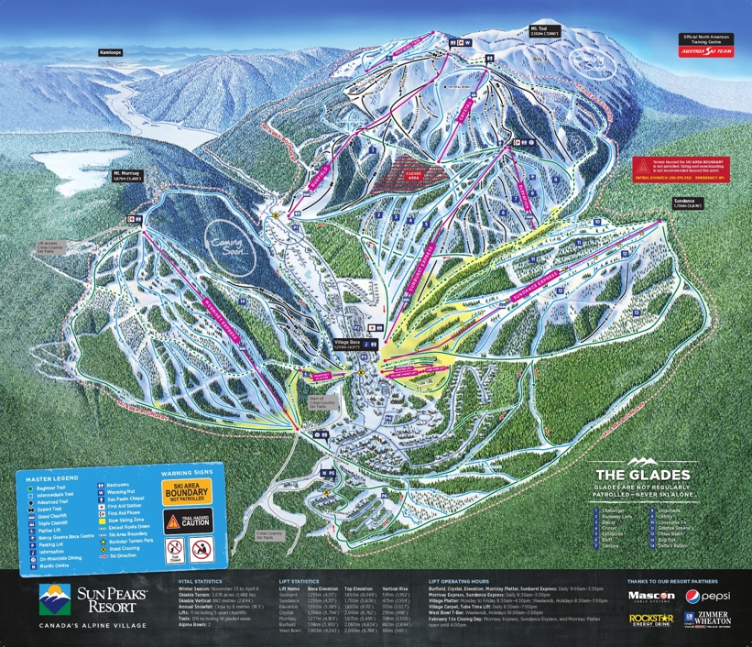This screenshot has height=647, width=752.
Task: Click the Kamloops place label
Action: tap(109, 53)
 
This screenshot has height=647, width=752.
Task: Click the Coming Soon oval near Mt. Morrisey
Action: tap(231, 245)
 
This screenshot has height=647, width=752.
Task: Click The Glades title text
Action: tap(641, 474)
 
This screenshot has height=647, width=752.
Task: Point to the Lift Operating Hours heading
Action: tap(470, 581)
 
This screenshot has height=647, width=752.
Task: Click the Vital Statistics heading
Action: tap(200, 581)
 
